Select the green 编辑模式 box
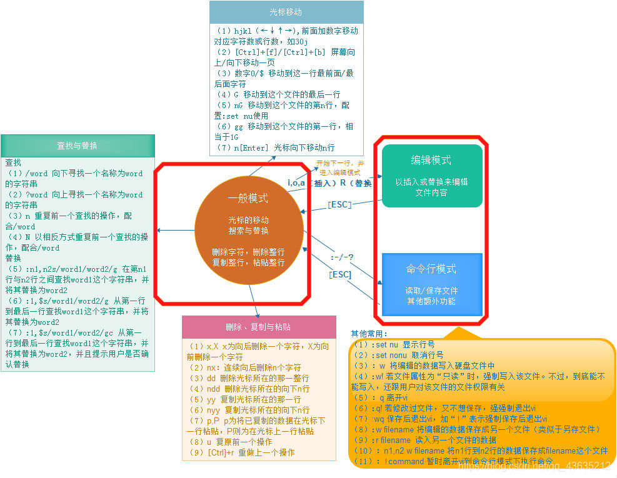[431, 176]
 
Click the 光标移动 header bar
[286, 12]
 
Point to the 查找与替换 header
[77, 146]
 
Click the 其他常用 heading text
[369, 334]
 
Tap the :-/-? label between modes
[343, 257]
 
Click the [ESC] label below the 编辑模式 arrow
[339, 204]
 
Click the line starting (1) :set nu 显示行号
[394, 344]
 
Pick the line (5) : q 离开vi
[381, 397]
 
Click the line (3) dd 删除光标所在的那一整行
[248, 378]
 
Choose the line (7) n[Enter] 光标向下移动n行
[274, 147]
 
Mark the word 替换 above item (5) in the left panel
[14, 258]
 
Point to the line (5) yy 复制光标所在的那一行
[244, 399]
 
